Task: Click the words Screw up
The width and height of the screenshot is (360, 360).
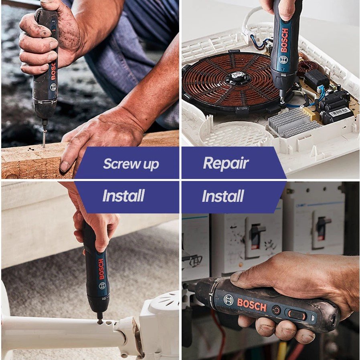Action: pyautogui.click(x=131, y=164)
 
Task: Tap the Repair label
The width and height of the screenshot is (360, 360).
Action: pyautogui.click(x=226, y=163)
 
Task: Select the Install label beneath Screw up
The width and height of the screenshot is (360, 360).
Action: pyautogui.click(x=123, y=196)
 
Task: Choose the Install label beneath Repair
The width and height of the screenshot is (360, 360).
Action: pyautogui.click(x=222, y=196)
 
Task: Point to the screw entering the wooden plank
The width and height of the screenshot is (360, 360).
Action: pyautogui.click(x=44, y=136)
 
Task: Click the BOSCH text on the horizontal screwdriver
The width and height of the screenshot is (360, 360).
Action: pyautogui.click(x=251, y=305)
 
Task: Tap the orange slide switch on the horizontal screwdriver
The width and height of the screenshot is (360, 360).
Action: pyautogui.click(x=297, y=314)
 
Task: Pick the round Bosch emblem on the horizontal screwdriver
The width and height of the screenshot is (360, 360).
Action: pyautogui.click(x=229, y=300)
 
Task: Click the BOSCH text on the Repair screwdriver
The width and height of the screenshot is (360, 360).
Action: pyautogui.click(x=284, y=40)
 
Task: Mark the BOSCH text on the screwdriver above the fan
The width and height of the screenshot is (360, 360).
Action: pyautogui.click(x=101, y=269)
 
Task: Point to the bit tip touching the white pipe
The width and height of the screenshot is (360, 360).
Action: pyautogui.click(x=99, y=320)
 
